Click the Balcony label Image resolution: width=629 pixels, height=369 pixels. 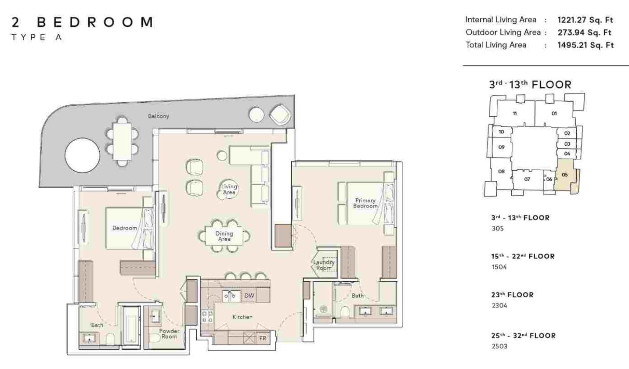[159, 116]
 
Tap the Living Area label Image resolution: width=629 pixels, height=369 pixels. [229, 189]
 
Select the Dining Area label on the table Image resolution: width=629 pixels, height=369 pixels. [224, 236]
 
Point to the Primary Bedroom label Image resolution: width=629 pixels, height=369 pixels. [365, 203]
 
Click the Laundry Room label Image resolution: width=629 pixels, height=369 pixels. [324, 265]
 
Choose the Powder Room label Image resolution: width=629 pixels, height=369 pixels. [169, 333]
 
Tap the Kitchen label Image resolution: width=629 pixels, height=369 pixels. [242, 317]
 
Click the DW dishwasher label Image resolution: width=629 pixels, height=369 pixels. [249, 296]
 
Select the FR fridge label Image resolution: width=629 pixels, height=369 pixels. [263, 338]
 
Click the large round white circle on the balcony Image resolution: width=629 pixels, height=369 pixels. [82, 155]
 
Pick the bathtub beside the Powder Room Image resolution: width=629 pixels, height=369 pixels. [131, 327]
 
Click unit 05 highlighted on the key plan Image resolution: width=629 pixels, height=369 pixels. [565, 175]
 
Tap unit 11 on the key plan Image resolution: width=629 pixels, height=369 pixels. [514, 113]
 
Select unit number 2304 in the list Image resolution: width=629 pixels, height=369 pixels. [499, 305]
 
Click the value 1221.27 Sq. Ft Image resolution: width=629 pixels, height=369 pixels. [585, 20]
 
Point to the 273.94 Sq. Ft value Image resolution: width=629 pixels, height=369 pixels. [584, 32]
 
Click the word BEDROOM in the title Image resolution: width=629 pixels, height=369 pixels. [95, 22]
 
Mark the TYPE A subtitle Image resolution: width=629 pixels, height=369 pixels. [37, 37]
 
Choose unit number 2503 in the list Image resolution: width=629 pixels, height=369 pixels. [499, 346]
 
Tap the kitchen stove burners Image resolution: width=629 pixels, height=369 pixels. [207, 316]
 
